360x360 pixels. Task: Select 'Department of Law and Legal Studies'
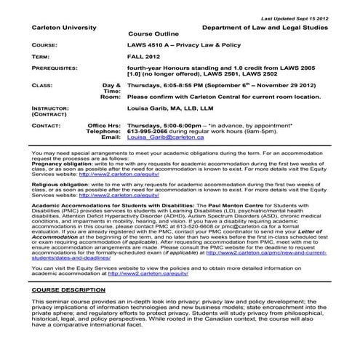[x=265, y=28]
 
